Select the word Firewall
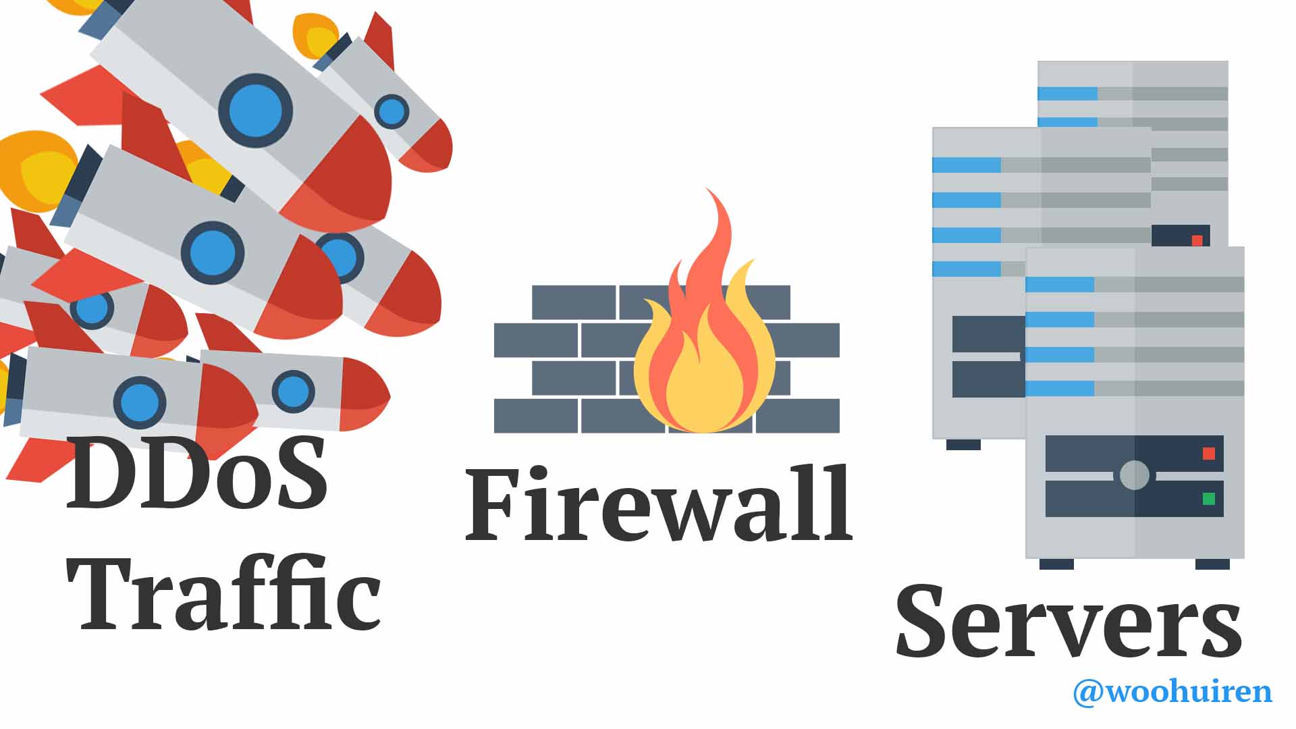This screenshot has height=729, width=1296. click(659, 504)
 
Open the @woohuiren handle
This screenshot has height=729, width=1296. click(1172, 692)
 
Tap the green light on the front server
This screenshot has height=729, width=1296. click(1208, 499)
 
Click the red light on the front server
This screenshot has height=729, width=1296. click(1208, 454)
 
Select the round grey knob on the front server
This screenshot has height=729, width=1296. click(1134, 475)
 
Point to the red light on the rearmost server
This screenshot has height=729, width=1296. click(1197, 240)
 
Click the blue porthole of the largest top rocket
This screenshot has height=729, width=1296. click(255, 111)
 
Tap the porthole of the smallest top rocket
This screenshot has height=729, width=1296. click(391, 111)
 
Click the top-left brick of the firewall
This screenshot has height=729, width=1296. click(574, 302)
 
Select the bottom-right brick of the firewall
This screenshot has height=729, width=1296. click(798, 416)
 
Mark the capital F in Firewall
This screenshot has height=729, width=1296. click(491, 504)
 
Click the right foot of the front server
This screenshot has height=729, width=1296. click(1212, 564)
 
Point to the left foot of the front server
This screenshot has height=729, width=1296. click(1056, 564)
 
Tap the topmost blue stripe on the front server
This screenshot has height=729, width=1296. click(1060, 285)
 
